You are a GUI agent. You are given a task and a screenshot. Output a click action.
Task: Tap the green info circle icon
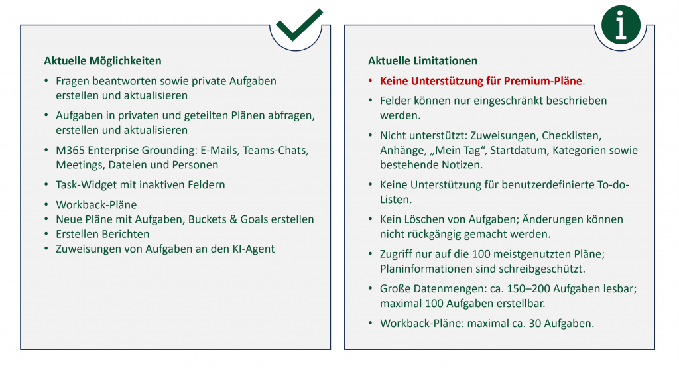point(621,25)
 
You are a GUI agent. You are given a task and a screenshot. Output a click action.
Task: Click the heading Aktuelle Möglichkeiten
point(103,60)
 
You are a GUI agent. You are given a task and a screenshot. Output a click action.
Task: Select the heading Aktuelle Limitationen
point(422,60)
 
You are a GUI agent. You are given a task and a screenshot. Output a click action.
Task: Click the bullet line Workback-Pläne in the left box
point(96,205)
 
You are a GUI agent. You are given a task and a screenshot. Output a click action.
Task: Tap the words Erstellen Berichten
point(103,234)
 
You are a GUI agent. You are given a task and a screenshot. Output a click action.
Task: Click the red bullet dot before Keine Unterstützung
point(370,81)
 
